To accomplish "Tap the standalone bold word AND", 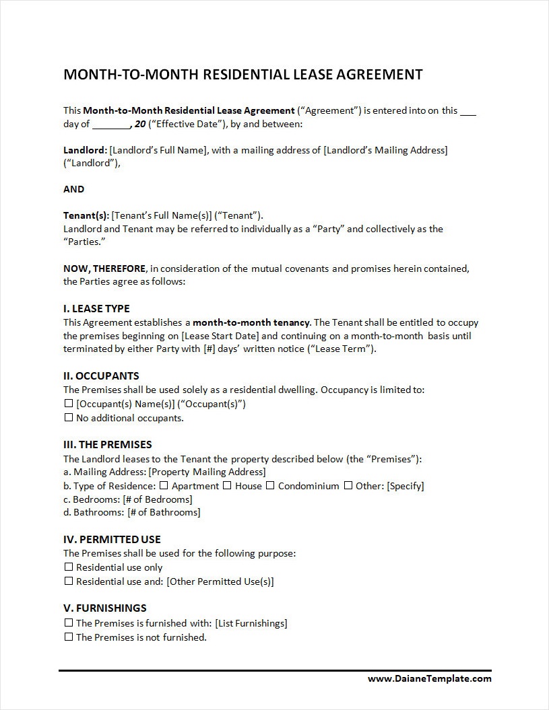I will pyautogui.click(x=74, y=189).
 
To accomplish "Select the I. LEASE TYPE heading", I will pyautogui.click(x=96, y=309).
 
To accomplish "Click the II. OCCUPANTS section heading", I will pyautogui.click(x=101, y=376).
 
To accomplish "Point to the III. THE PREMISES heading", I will pyautogui.click(x=108, y=444).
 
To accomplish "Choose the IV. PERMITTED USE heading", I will pyautogui.click(x=112, y=539).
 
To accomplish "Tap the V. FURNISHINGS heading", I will pyautogui.click(x=104, y=608).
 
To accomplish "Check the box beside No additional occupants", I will pyautogui.click(x=68, y=417).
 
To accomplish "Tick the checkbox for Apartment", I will pyautogui.click(x=163, y=485).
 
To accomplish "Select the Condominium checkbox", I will pyautogui.click(x=269, y=485).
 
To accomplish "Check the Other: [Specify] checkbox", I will pyautogui.click(x=348, y=485).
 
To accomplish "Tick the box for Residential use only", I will pyautogui.click(x=68, y=567).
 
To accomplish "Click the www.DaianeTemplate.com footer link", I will pyautogui.click(x=429, y=678).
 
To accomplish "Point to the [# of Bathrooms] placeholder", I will pyautogui.click(x=164, y=512).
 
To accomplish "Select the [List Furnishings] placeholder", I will pyautogui.click(x=251, y=623).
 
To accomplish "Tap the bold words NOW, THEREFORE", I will pyautogui.click(x=104, y=269).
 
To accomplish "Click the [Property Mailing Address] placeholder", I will pyautogui.click(x=207, y=472).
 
